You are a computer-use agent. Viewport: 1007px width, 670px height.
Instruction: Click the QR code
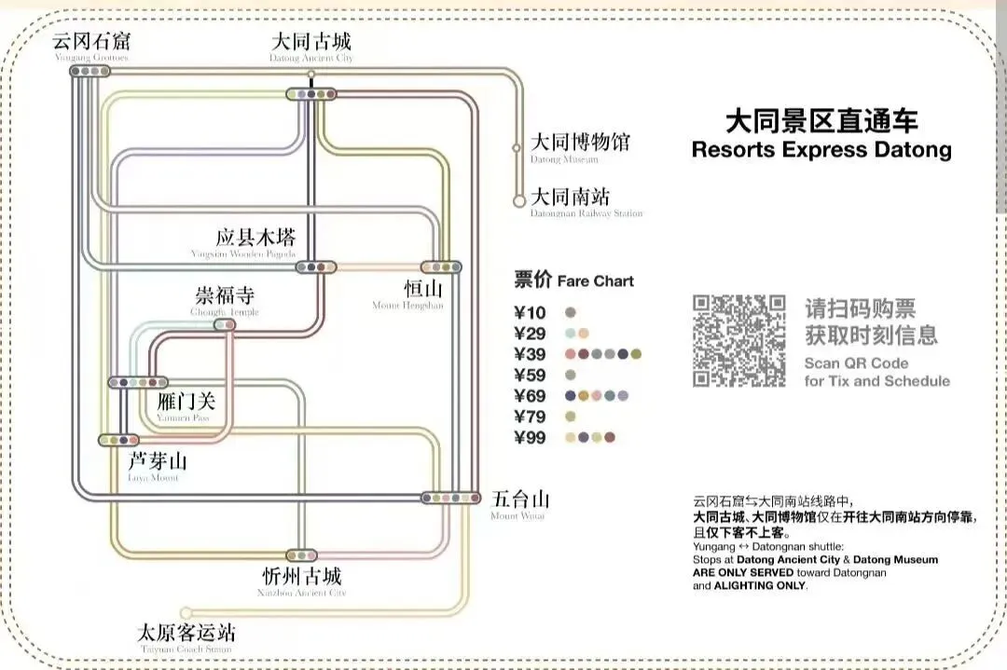738,340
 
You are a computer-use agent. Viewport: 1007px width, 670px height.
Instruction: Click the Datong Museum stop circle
517,147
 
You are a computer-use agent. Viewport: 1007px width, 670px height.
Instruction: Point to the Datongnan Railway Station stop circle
518,200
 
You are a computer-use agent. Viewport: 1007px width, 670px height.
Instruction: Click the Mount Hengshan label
408,291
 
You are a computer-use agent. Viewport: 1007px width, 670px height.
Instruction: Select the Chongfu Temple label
224,297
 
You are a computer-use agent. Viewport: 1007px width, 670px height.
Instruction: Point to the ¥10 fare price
531,313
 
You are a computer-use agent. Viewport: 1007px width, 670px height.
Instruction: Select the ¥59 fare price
531,375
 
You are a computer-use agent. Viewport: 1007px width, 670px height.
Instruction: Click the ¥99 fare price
531,438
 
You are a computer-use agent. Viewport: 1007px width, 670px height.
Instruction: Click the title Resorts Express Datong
821,149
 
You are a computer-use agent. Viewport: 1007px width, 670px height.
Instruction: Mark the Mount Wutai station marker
450,499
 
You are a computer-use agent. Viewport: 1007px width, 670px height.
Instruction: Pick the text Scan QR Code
856,363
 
